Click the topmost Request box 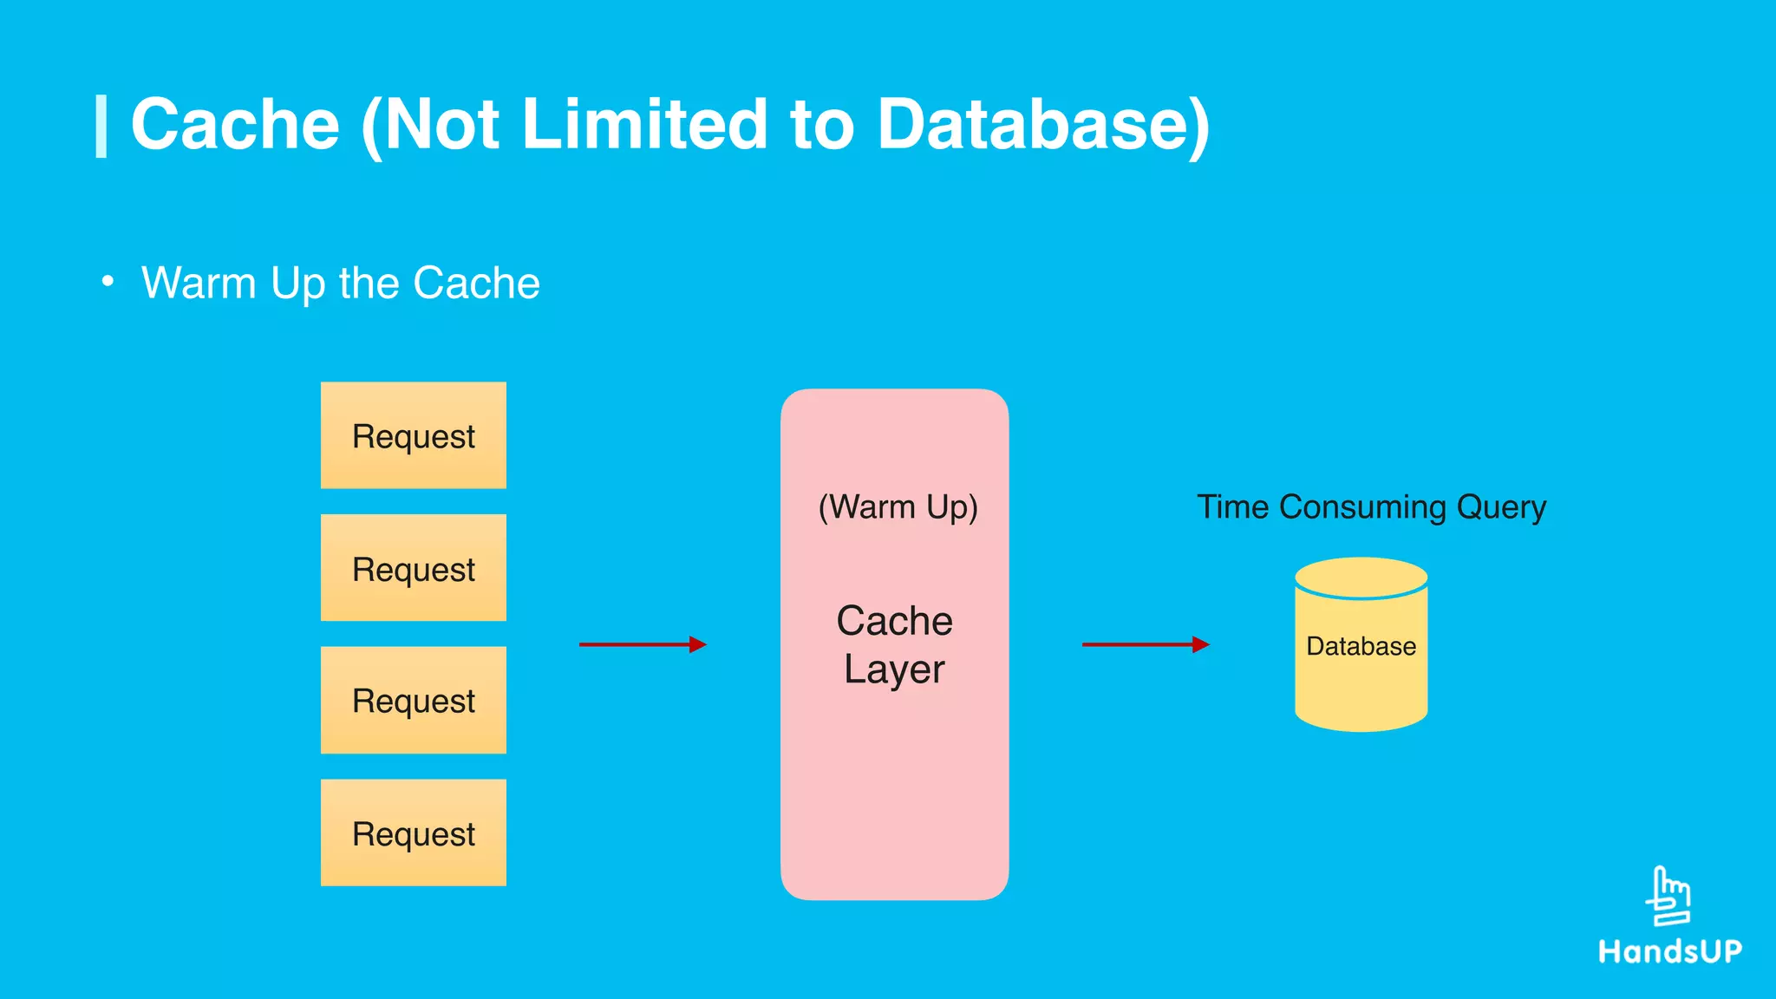[x=413, y=435]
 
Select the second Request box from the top [x=413, y=568]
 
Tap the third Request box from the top [x=413, y=700]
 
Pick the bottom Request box [x=413, y=832]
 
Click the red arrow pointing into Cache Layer [x=643, y=644]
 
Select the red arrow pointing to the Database [x=1146, y=644]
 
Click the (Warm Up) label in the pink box [x=898, y=506]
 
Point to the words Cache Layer [x=894, y=644]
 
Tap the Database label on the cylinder [x=1361, y=646]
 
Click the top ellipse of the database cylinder [x=1361, y=577]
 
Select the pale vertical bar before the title [x=101, y=127]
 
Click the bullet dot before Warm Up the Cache [x=108, y=282]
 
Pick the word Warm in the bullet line [x=199, y=283]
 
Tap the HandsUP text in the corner [x=1670, y=951]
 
